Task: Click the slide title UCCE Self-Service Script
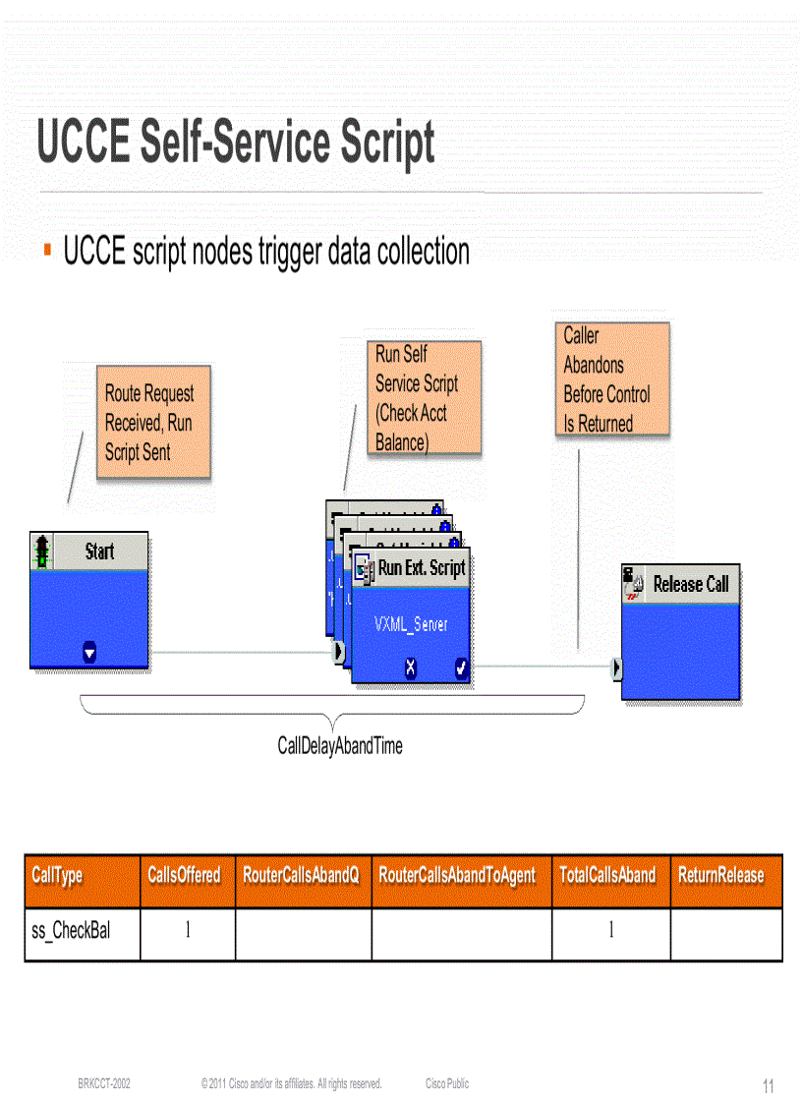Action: tap(236, 144)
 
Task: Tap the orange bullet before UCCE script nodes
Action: tap(46, 252)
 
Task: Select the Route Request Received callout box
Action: tap(153, 423)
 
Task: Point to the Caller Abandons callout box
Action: tap(610, 379)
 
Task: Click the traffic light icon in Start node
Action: tap(42, 551)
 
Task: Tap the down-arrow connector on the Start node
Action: tap(89, 652)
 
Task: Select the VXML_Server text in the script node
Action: tap(411, 624)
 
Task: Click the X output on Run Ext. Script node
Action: tap(411, 668)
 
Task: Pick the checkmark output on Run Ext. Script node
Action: tap(461, 668)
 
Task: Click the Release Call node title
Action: tap(691, 584)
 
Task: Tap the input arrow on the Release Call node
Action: tap(616, 668)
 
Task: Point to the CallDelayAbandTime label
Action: tap(340, 746)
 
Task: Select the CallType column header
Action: tap(58, 875)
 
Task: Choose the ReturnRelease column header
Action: tap(720, 875)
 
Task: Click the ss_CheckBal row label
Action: tap(71, 931)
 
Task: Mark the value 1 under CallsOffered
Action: tap(188, 931)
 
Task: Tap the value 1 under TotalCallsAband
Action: tap(610, 931)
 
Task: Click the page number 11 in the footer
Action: tap(769, 1086)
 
